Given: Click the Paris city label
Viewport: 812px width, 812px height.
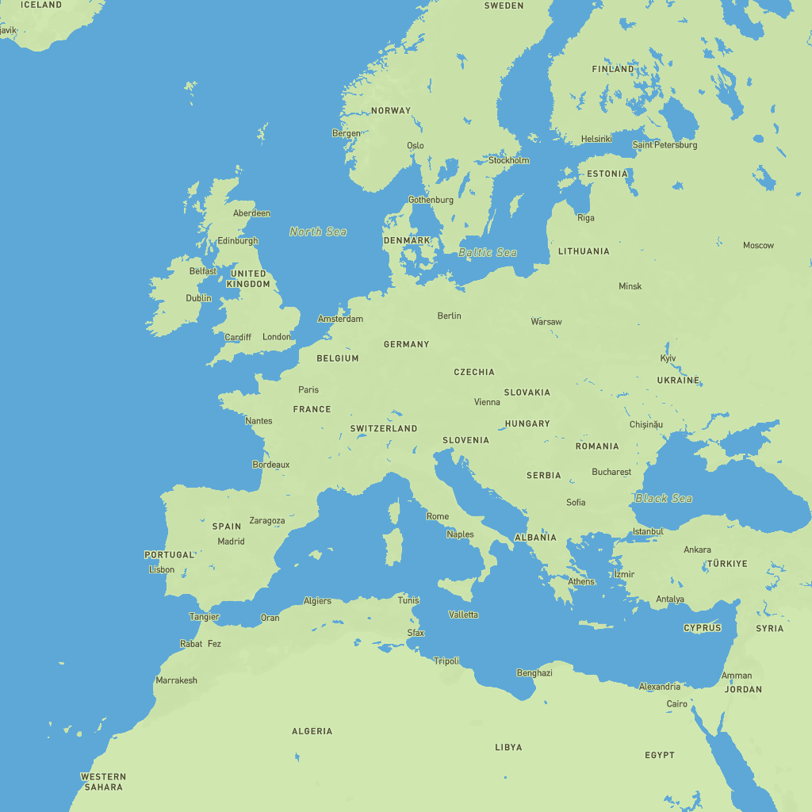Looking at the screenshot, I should tap(308, 389).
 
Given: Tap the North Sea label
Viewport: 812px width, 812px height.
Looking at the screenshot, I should tap(318, 232).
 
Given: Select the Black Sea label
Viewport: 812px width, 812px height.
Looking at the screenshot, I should tap(664, 498).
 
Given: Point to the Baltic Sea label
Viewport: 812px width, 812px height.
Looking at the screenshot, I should tap(488, 252).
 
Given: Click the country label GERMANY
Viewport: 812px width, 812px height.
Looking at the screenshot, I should tap(406, 344).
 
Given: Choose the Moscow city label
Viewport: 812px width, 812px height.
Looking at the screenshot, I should tap(758, 245).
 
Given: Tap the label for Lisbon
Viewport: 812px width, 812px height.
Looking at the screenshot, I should tap(162, 569).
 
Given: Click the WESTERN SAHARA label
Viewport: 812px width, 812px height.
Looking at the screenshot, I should tap(103, 782).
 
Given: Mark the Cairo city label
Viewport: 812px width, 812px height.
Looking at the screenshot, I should tap(677, 704).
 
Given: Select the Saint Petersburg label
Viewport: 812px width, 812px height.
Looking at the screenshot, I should tap(665, 145).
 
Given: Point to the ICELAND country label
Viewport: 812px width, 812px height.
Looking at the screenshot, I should tap(41, 5).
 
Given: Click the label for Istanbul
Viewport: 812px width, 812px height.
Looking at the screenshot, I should tap(648, 531).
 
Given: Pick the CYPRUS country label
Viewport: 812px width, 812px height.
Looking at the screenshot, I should tap(703, 628).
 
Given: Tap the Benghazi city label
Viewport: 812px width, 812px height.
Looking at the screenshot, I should tap(534, 672).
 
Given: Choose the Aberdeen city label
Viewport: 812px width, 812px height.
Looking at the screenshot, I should tap(251, 213).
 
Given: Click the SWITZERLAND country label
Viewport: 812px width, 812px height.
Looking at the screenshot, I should tap(384, 428).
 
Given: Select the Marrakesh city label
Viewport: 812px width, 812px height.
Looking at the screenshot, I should tap(176, 680).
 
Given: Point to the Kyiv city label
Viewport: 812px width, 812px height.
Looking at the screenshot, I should tap(668, 358).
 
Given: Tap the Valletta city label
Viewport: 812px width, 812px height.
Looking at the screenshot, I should tap(464, 615).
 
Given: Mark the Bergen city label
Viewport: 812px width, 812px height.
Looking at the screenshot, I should tap(346, 133).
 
